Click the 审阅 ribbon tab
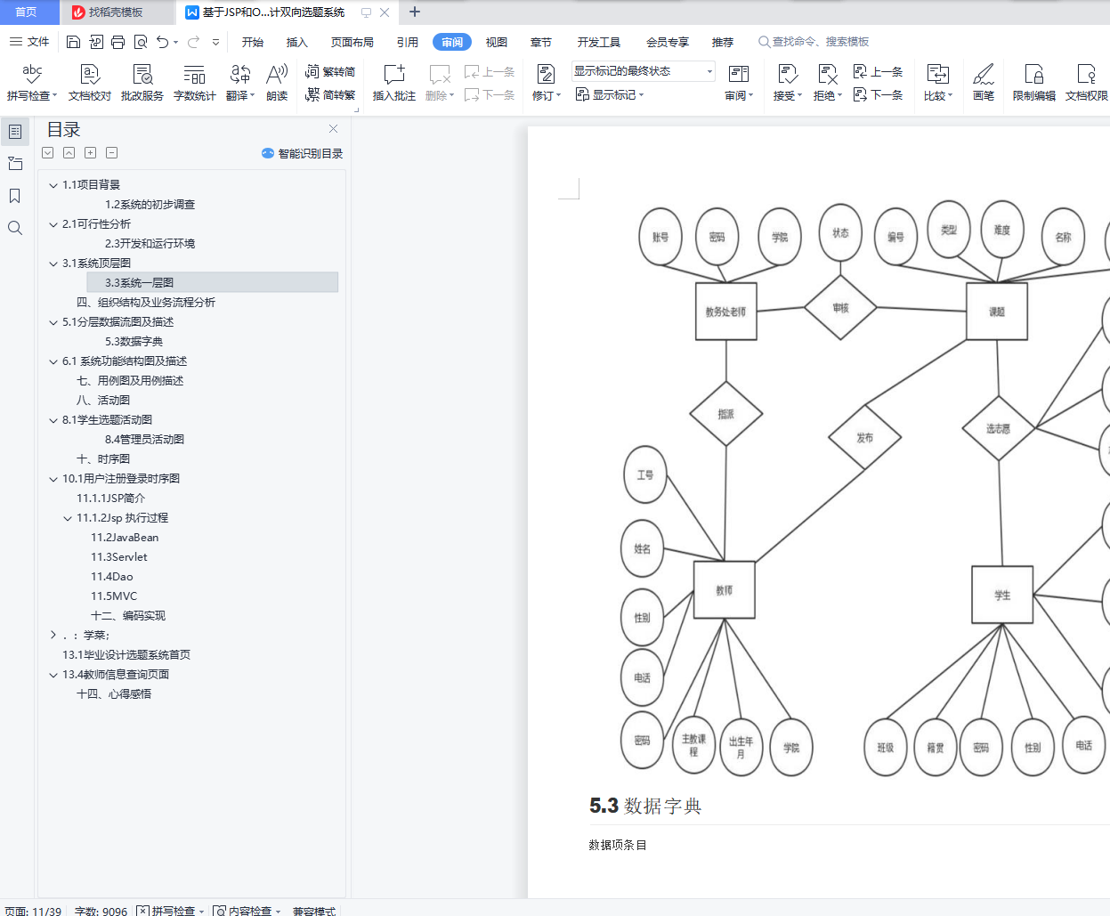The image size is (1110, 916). coord(452,42)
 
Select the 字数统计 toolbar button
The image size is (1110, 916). coord(194,82)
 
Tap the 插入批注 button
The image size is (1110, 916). coord(393,82)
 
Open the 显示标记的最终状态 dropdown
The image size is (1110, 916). coord(644,71)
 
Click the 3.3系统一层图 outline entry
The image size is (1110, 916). coord(140,282)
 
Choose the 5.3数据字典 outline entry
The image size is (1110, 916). coord(134,341)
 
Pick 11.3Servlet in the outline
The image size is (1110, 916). coord(119,556)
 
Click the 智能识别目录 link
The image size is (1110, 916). coord(303,153)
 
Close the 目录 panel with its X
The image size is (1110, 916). coord(333,129)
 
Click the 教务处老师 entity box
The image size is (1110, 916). coord(725,312)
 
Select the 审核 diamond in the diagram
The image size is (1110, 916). coord(840,307)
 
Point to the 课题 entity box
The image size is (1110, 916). coord(997,312)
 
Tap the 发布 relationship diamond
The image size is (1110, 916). coord(864,437)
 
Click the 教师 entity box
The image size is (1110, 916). coord(724,589)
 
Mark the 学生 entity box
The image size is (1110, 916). coord(1002,595)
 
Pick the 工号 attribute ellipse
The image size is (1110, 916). coord(644,474)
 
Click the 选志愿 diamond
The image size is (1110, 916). coord(998,428)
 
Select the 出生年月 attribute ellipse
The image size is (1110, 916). coord(741,747)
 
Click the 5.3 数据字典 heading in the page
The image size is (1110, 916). coord(645,806)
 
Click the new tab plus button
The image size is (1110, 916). coord(415,12)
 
